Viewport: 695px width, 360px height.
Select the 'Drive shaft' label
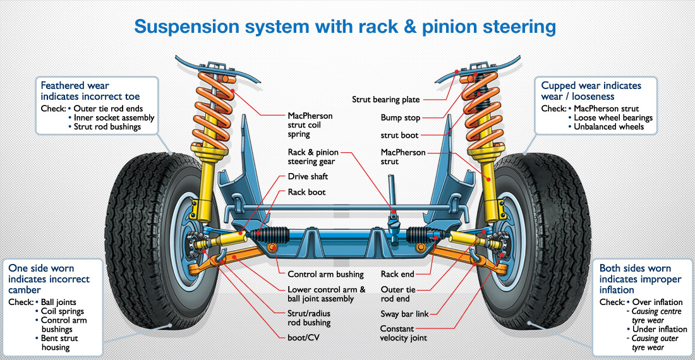pyautogui.click(x=308, y=176)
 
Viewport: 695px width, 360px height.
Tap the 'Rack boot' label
pyautogui.click(x=306, y=191)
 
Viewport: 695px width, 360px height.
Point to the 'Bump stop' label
pyautogui.click(x=400, y=117)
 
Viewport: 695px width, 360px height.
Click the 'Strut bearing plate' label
pyautogui.click(x=385, y=99)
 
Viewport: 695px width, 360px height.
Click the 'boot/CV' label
pyautogui.click(x=303, y=337)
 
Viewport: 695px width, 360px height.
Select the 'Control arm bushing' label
pyautogui.click(x=325, y=274)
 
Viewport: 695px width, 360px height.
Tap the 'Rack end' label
pyautogui.click(x=398, y=274)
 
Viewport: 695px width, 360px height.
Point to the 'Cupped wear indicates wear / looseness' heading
pyautogui.click(x=591, y=90)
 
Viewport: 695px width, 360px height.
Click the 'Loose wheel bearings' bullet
pyautogui.click(x=613, y=117)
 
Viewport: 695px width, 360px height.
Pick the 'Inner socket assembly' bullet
pyautogui.click(x=114, y=117)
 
